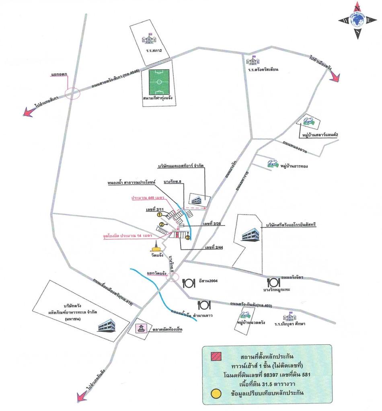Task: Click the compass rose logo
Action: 357,20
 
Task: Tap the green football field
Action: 159,81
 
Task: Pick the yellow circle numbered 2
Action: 162,224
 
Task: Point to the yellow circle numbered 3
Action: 187,237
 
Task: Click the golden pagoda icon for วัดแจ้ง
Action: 155,246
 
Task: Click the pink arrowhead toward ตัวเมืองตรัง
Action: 335,77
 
